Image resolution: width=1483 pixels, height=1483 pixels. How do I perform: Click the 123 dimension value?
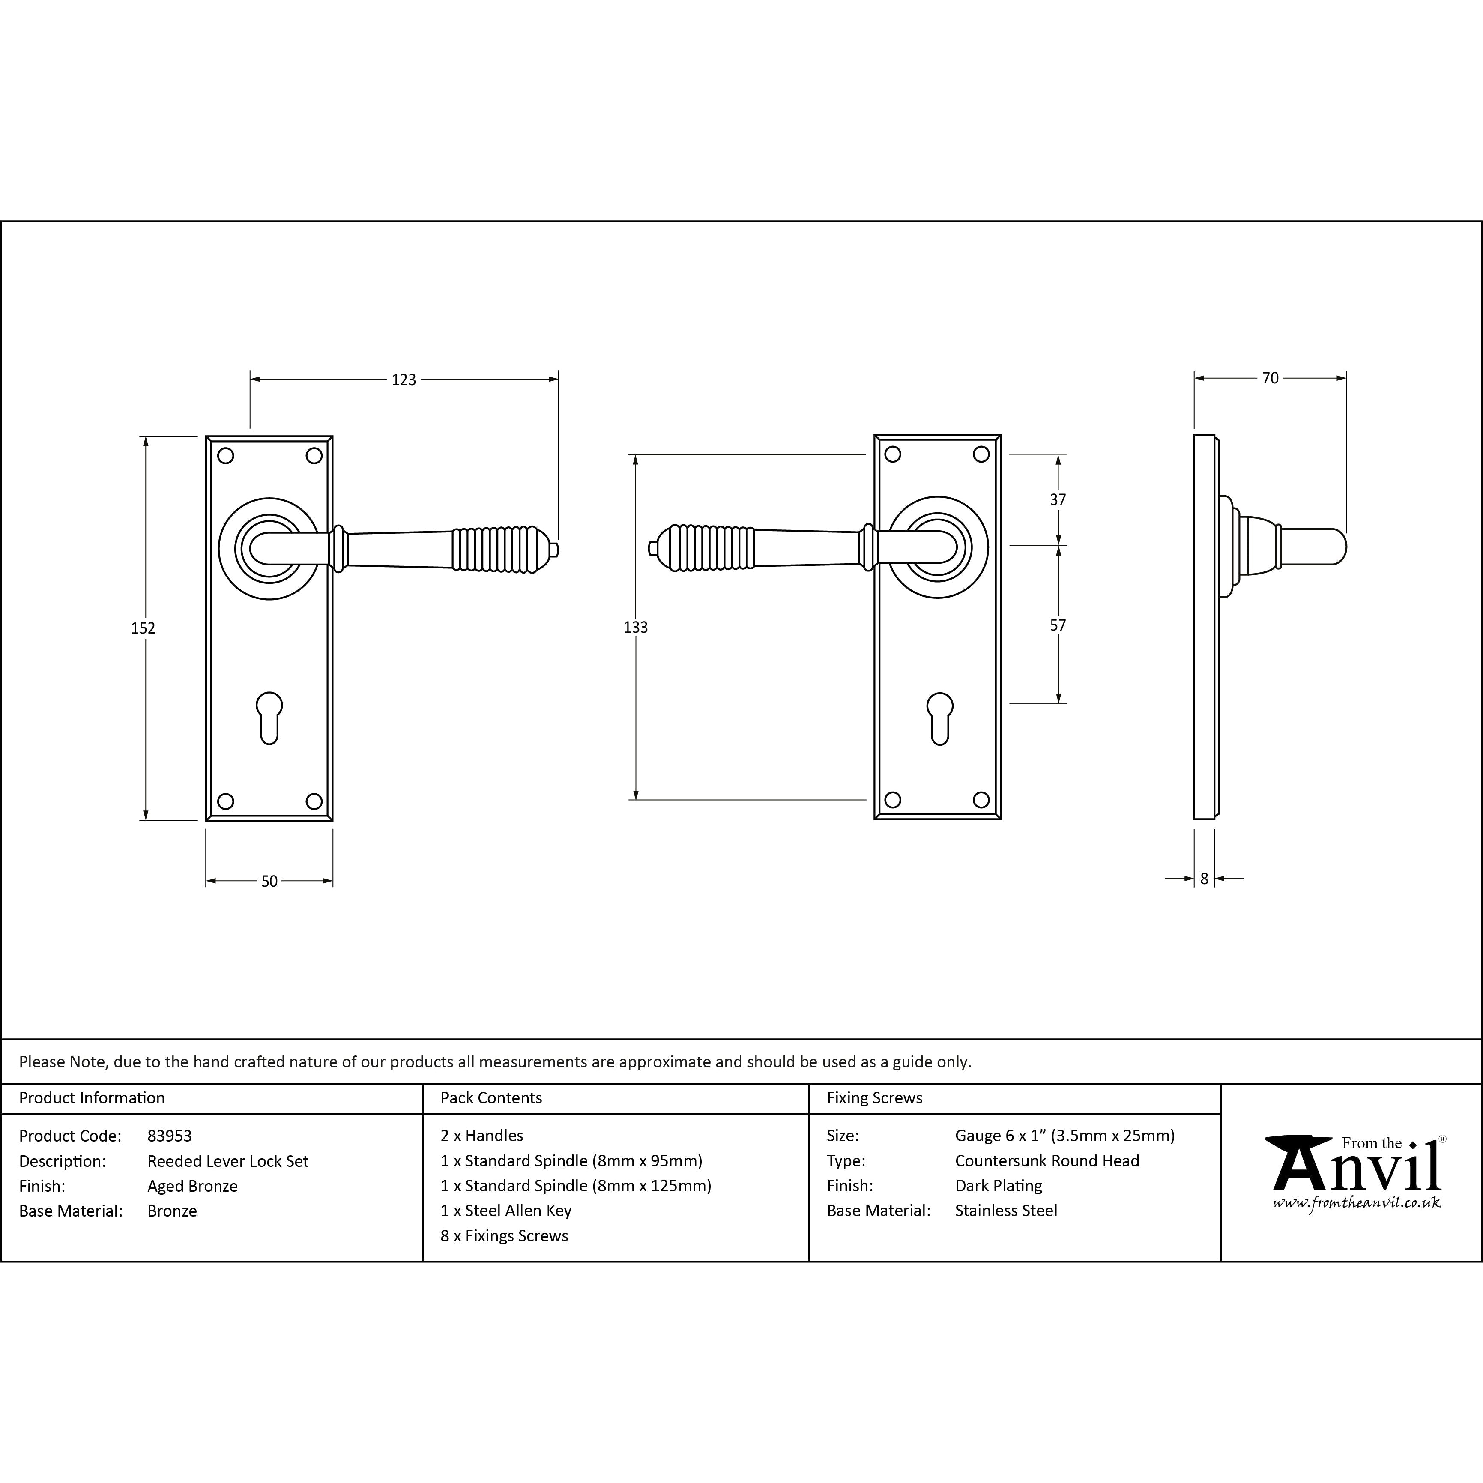tap(404, 379)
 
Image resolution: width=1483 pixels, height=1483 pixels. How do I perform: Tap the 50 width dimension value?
tap(269, 881)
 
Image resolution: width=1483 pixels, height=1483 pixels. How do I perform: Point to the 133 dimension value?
tap(636, 627)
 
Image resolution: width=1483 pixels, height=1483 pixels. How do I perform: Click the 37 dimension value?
tap(1058, 500)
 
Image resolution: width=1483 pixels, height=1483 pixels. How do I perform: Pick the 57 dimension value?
tap(1058, 625)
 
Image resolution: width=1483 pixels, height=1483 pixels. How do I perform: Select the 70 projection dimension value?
tap(1271, 378)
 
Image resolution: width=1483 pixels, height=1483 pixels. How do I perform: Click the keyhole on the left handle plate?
tap(269, 718)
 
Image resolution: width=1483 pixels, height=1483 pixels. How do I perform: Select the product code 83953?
tap(170, 1136)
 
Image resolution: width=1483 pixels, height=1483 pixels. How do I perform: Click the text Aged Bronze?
tap(193, 1186)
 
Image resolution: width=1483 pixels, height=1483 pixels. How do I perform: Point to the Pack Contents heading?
tap(491, 1098)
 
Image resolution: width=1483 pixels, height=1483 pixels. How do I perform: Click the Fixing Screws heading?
tap(874, 1098)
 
